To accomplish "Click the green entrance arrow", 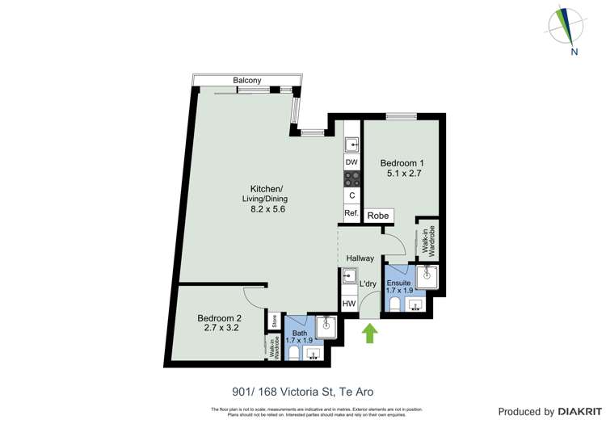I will (370, 334).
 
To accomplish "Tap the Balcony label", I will (246, 80).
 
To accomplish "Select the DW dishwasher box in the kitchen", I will (351, 162).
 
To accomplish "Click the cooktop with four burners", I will (351, 178).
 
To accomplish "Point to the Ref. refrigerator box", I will (351, 214).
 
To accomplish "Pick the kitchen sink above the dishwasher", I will (351, 145).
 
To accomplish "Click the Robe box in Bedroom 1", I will (378, 216).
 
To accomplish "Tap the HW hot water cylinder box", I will (349, 304).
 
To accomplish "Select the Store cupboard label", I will (275, 321).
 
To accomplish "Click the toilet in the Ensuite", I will (395, 304).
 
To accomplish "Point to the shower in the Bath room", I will (327, 326).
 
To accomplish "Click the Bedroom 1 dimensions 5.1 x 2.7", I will (402, 174).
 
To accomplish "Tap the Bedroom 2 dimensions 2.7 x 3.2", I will (219, 329).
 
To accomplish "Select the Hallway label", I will (360, 258).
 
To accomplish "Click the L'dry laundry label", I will (368, 283).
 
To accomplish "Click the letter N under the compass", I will (573, 52).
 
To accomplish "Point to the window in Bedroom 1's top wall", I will (401, 117).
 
